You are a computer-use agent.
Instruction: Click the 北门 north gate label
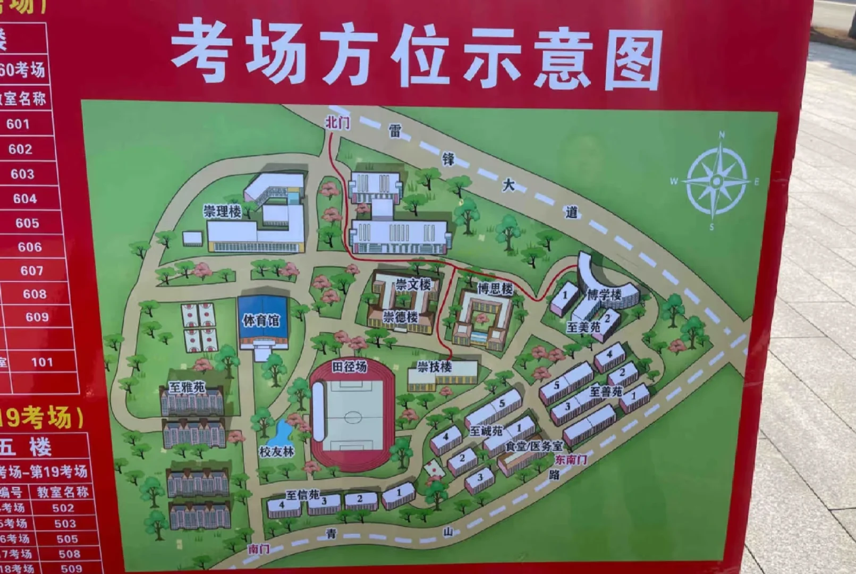pyautogui.click(x=337, y=123)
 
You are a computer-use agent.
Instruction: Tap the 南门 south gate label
pyautogui.click(x=259, y=549)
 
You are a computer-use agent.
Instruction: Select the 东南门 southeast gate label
pyautogui.click(x=571, y=460)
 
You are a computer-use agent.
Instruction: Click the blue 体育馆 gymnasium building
pyautogui.click(x=262, y=320)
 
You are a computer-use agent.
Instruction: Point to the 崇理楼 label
pyautogui.click(x=222, y=212)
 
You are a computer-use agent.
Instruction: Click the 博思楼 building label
pyautogui.click(x=495, y=289)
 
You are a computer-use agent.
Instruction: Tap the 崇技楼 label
pyautogui.click(x=434, y=367)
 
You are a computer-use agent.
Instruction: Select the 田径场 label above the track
pyautogui.click(x=349, y=366)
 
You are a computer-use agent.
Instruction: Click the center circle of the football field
pyautogui.click(x=352, y=417)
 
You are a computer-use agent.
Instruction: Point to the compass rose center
pyautogui.click(x=716, y=182)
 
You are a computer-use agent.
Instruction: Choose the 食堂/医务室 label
pyautogui.click(x=533, y=446)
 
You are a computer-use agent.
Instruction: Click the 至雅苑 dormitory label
pyautogui.click(x=187, y=387)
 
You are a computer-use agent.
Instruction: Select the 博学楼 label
pyautogui.click(x=604, y=294)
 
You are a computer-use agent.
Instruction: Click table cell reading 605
pyautogui.click(x=27, y=223)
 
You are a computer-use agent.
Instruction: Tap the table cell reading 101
pyautogui.click(x=42, y=362)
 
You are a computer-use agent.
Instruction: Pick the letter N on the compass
pyautogui.click(x=722, y=135)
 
